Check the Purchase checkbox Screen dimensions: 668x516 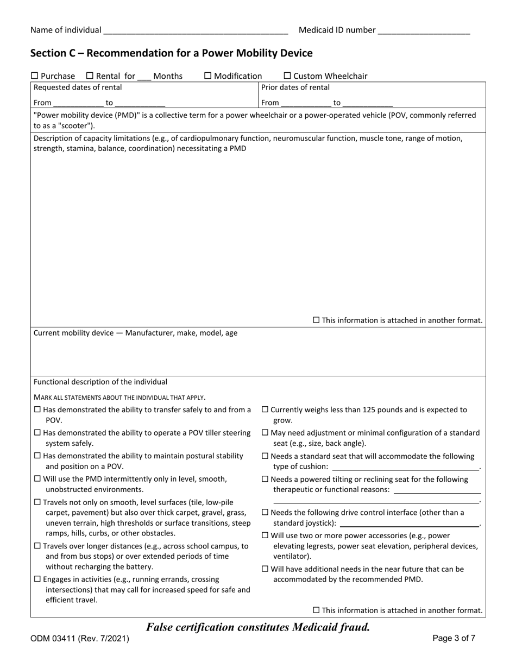point(34,76)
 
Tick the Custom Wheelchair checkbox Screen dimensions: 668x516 point(287,76)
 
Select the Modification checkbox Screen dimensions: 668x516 point(207,76)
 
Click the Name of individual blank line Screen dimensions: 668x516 point(195,31)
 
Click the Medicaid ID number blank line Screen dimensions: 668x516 point(423,31)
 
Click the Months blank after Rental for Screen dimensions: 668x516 point(144,77)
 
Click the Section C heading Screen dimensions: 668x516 point(172,53)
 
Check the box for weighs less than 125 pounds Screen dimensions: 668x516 point(265,410)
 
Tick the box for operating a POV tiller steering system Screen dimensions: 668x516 point(37,433)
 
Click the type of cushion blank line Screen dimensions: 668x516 point(405,467)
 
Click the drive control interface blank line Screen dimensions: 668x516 point(409,524)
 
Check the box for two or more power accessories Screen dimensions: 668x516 point(265,535)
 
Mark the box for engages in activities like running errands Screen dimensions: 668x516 point(37,579)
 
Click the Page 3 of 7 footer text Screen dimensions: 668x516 point(454,639)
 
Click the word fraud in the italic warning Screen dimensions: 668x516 point(353,627)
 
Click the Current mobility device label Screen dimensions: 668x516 point(135,333)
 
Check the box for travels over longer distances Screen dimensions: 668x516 point(37,546)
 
